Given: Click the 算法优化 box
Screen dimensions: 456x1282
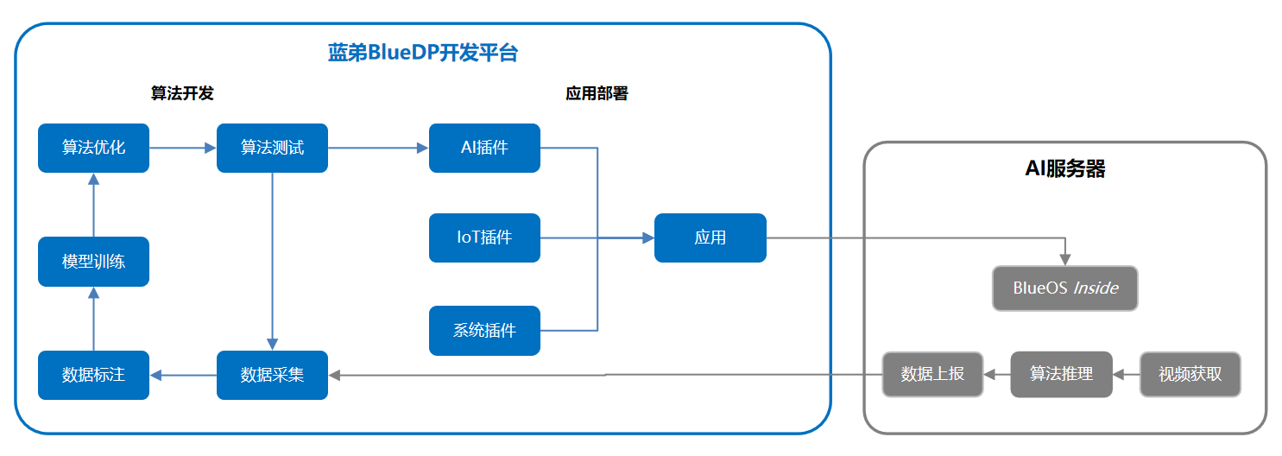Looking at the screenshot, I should [93, 148].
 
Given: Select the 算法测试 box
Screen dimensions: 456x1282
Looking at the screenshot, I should [272, 148].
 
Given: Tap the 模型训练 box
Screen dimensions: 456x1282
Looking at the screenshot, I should [93, 262].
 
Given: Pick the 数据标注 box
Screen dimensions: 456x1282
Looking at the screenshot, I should [93, 375].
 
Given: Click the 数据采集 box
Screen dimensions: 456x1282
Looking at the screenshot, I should [272, 375].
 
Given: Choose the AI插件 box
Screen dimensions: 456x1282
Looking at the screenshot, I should [484, 148].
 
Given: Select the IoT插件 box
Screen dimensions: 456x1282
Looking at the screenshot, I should [484, 237].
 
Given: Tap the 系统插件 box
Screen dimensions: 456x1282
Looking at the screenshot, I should [484, 331].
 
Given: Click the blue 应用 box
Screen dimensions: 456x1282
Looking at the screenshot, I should [710, 237].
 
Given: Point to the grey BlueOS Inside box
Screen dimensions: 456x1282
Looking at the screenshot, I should [1064, 288].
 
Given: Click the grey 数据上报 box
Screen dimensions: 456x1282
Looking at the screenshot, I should [932, 374].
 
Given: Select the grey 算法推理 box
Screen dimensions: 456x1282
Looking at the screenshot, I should [1061, 374].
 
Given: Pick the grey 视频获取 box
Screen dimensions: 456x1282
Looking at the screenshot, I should [1190, 374].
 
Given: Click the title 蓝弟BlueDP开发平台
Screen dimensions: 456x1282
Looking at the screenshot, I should [422, 53].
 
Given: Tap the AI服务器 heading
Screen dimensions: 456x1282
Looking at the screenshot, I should [1064, 168].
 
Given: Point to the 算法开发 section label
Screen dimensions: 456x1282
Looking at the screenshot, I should [182, 93].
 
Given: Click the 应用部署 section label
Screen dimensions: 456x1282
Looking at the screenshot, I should [597, 93].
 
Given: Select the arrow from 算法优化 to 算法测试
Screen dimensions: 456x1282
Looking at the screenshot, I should [182, 148].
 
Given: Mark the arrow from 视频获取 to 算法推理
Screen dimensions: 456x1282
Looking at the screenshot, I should [1126, 375].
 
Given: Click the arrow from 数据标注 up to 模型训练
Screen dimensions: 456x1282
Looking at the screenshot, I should [93, 319].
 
